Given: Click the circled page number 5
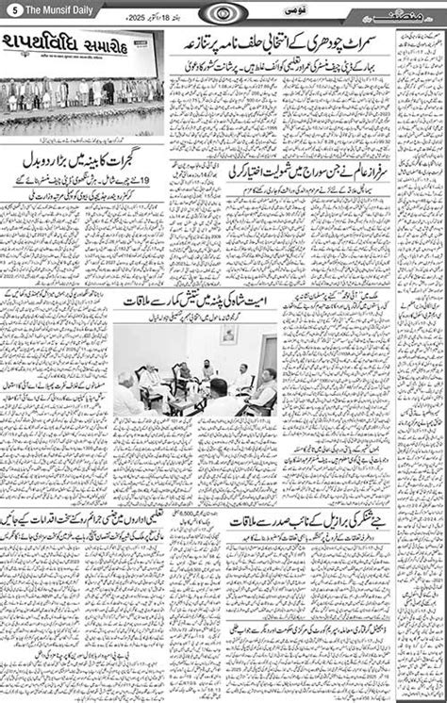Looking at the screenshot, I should click(x=8, y=8).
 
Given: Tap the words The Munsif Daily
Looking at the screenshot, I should click(x=43, y=8).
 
